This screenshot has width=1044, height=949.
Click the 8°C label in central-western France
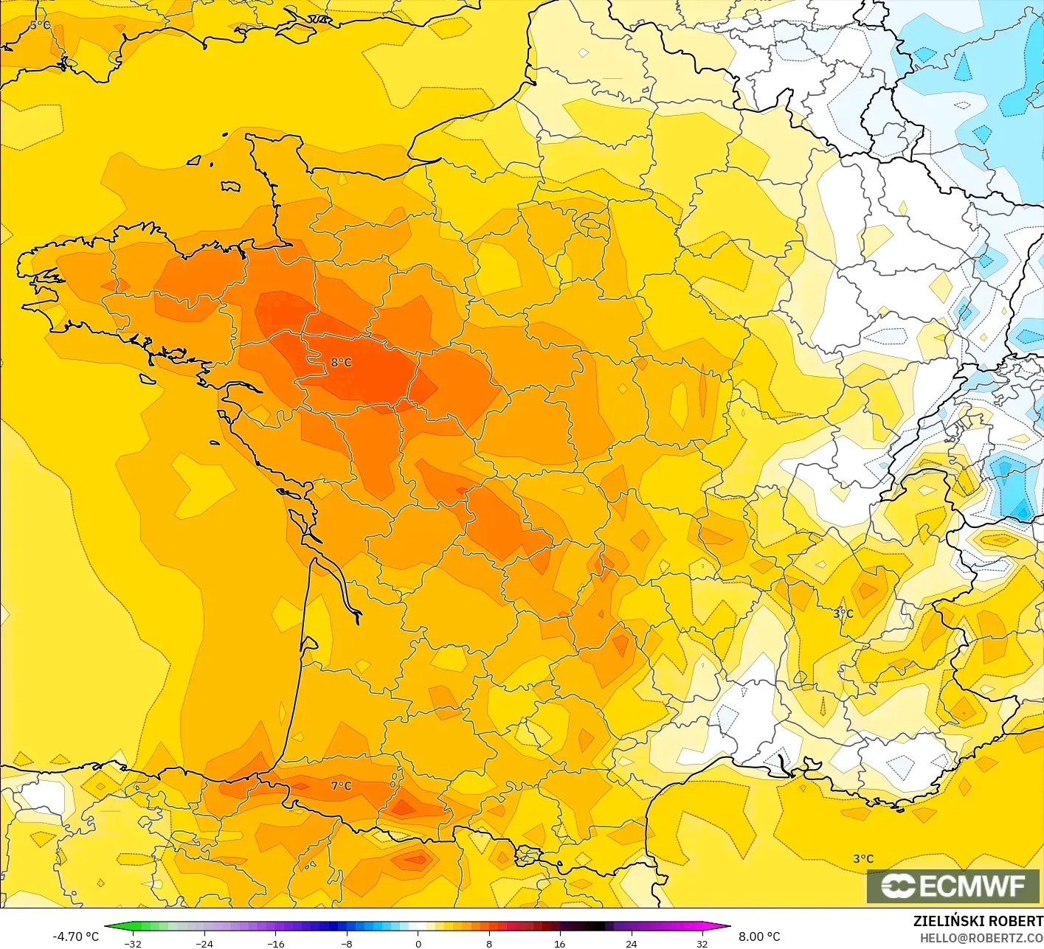[341, 362]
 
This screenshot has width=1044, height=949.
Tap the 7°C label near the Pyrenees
[341, 786]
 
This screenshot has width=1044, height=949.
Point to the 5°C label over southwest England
[40, 25]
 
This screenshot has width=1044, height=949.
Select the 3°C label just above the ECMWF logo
[863, 859]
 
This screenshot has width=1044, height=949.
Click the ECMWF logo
[953, 886]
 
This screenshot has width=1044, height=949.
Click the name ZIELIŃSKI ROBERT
[978, 921]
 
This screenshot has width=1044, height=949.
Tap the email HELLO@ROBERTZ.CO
[981, 937]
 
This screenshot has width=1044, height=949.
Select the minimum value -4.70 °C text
[75, 936]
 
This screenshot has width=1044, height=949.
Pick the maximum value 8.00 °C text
[759, 936]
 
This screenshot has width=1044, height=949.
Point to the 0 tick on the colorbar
[418, 943]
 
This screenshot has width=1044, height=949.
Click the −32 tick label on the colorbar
[132, 943]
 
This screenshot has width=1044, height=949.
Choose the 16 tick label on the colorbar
[560, 943]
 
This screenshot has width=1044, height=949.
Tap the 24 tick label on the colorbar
[631, 943]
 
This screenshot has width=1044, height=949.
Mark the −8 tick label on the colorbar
[346, 943]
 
